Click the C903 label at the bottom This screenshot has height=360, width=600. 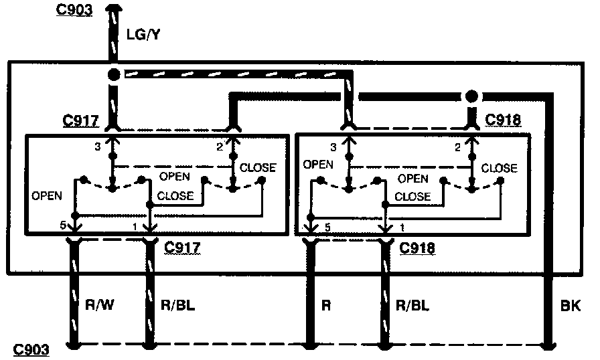pyautogui.click(x=31, y=349)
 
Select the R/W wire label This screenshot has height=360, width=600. pyautogui.click(x=100, y=305)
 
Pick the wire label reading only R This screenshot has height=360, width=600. pyautogui.click(x=327, y=305)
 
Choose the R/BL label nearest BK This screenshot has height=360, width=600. pyautogui.click(x=412, y=305)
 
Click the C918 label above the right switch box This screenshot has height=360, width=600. pyautogui.click(x=504, y=120)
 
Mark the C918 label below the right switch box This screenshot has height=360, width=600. pyautogui.click(x=417, y=249)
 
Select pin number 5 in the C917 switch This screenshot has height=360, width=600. pyautogui.click(x=62, y=226)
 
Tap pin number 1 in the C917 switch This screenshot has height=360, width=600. pyautogui.click(x=135, y=226)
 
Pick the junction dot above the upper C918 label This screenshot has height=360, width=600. pyautogui.click(x=473, y=96)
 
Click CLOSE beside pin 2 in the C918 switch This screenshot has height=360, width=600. pyautogui.click(x=499, y=168)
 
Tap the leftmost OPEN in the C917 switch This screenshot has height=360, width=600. pyautogui.click(x=46, y=196)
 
